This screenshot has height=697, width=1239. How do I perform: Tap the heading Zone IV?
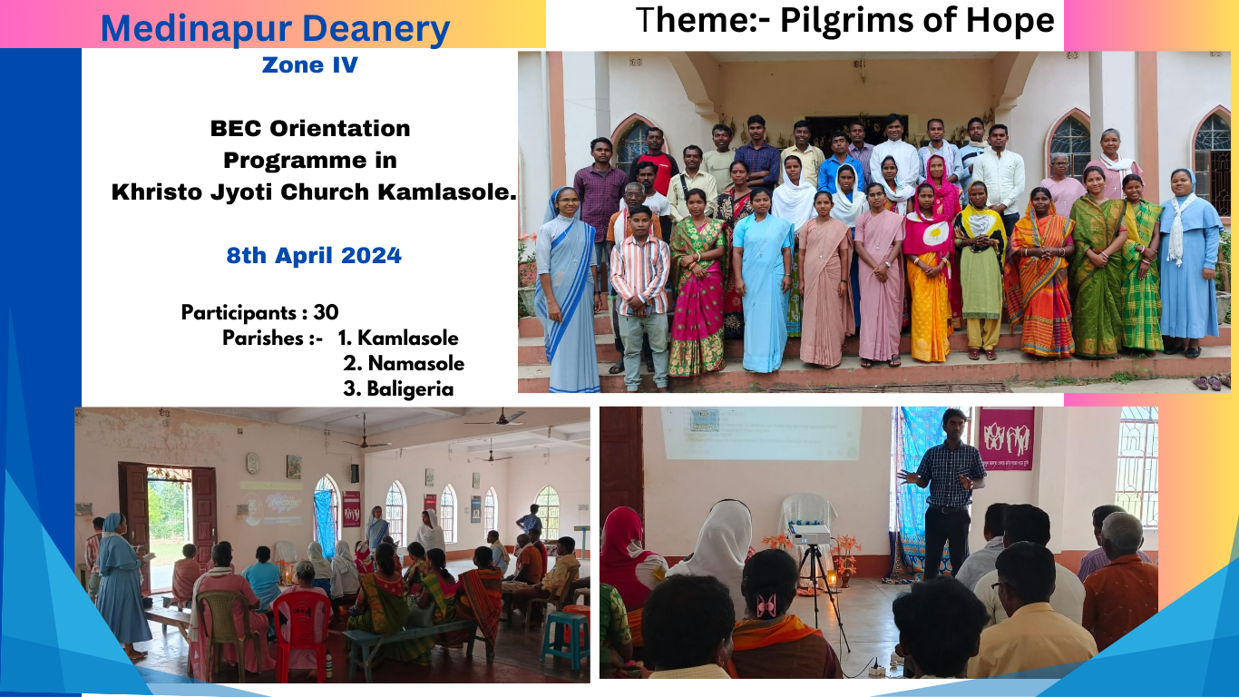pos(310,64)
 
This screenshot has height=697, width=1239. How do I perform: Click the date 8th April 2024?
pos(314,256)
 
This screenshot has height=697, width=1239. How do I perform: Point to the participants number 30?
pos(326,313)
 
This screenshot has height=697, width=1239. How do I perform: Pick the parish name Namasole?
pos(416,364)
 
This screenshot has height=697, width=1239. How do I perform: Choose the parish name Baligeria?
pos(410,389)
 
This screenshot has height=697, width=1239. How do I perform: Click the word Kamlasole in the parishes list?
pos(407,339)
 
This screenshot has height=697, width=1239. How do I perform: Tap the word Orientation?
pos(339,129)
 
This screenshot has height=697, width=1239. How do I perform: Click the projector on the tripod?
pos(809,534)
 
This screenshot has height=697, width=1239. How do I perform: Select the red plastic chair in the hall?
pos(302,631)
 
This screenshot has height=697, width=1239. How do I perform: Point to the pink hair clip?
pos(766,606)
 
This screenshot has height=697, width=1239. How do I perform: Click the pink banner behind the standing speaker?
pos(1006,439)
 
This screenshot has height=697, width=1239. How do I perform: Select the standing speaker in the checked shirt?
pos(946,493)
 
